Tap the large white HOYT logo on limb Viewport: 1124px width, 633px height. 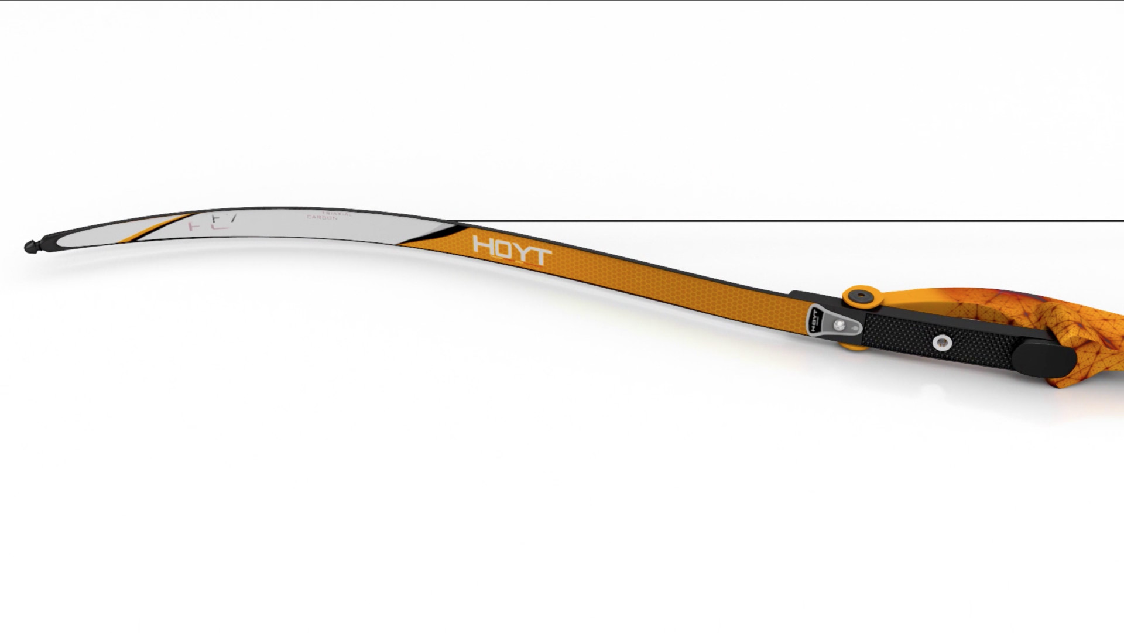point(512,251)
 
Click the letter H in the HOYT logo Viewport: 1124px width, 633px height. point(484,245)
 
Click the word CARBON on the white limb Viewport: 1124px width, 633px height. point(323,218)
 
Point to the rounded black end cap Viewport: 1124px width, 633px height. point(1048,354)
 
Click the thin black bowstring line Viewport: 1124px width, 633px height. point(761,221)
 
